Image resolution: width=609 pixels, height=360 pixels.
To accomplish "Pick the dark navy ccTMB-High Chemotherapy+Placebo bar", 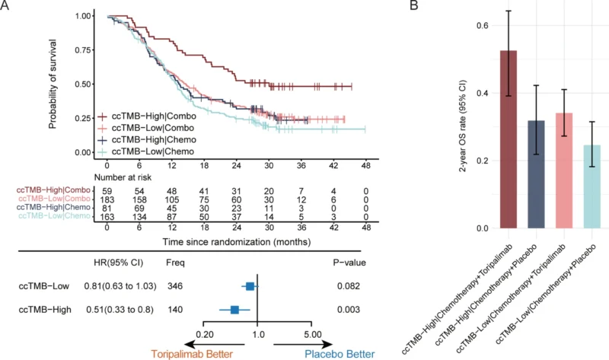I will coord(537,174).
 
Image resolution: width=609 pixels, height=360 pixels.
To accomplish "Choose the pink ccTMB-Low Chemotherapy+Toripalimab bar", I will coord(566,170).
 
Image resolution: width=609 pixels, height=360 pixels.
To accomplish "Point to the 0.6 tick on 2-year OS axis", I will coord(479,26).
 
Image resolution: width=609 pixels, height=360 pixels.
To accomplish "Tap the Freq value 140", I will coord(175,310).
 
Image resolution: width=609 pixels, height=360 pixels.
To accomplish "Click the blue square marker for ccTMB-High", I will coord(235,310).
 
